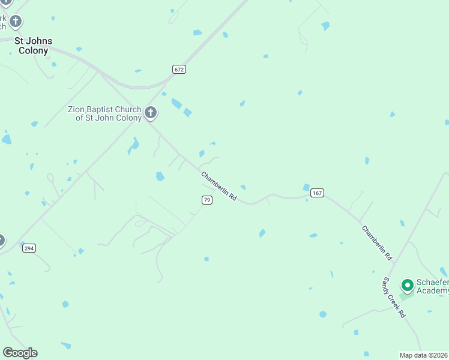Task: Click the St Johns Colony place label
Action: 34,46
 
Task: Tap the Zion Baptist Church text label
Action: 104,113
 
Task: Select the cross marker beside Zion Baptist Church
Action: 151,112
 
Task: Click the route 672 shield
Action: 179,70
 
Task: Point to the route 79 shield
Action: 206,200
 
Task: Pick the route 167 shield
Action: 318,193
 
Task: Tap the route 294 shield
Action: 28,247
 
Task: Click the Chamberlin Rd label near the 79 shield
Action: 219,187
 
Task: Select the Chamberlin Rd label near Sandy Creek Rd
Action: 376,242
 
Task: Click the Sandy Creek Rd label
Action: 394,297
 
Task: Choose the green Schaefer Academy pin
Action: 408,284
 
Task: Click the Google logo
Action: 20,353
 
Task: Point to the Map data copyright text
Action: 424,355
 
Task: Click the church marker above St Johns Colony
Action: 15,22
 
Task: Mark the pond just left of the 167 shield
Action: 306,187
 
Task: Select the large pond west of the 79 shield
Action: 160,176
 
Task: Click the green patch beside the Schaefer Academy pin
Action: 406,296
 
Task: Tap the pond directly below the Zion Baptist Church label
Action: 133,145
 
